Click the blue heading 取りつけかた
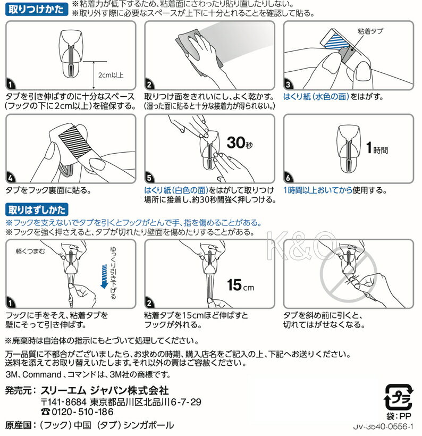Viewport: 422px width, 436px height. tap(37, 9)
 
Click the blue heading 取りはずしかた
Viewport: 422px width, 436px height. tap(37, 209)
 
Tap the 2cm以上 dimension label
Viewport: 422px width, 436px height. tap(111, 75)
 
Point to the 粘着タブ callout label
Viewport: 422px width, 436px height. tap(370, 31)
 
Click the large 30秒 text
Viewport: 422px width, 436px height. tap(240, 142)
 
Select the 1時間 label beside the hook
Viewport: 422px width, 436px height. tap(377, 148)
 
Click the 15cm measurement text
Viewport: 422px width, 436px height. tap(240, 285)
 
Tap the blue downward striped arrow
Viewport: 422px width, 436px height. tap(104, 276)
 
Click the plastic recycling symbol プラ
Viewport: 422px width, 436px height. tap(399, 397)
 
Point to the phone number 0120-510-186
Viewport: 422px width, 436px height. tap(77, 412)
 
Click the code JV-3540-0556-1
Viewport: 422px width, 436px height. tap(383, 426)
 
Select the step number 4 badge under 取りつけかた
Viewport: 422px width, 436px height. tap(10, 178)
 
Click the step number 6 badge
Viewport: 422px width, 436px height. tap(288, 178)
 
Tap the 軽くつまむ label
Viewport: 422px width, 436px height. tap(30, 251)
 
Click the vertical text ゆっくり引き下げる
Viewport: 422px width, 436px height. tap(113, 272)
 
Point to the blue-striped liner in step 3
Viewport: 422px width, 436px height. tap(339, 43)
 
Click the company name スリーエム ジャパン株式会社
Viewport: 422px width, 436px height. tap(105, 391)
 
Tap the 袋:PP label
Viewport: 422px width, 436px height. tap(399, 416)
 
